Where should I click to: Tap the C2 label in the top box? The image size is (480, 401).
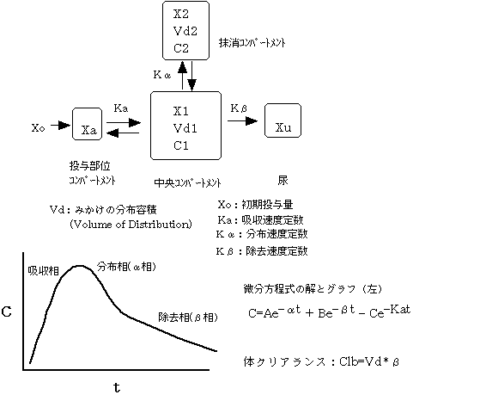click(x=181, y=48)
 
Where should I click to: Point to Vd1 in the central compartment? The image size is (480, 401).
click(x=185, y=128)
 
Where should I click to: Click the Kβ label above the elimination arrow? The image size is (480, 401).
click(x=239, y=108)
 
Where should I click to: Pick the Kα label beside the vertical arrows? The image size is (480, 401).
click(x=162, y=75)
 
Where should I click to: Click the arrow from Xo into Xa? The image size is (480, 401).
click(x=60, y=125)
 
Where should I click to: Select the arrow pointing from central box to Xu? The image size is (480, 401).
click(x=242, y=120)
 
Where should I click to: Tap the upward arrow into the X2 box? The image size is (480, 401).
click(x=182, y=75)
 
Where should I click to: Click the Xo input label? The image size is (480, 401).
click(x=38, y=127)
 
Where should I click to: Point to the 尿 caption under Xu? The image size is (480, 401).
click(x=283, y=180)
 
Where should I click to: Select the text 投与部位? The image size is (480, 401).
click(x=89, y=166)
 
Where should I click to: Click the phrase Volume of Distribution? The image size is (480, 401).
click(x=131, y=225)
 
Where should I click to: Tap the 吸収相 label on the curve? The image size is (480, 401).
click(x=43, y=270)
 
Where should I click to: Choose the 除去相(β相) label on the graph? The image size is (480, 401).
click(x=188, y=317)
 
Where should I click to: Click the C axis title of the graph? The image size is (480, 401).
click(x=6, y=312)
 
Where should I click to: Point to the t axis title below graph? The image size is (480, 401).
click(x=117, y=387)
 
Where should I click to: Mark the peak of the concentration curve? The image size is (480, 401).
click(x=80, y=266)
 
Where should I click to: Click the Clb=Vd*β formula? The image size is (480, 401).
click(x=369, y=362)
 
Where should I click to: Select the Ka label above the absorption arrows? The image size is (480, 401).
click(x=121, y=108)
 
